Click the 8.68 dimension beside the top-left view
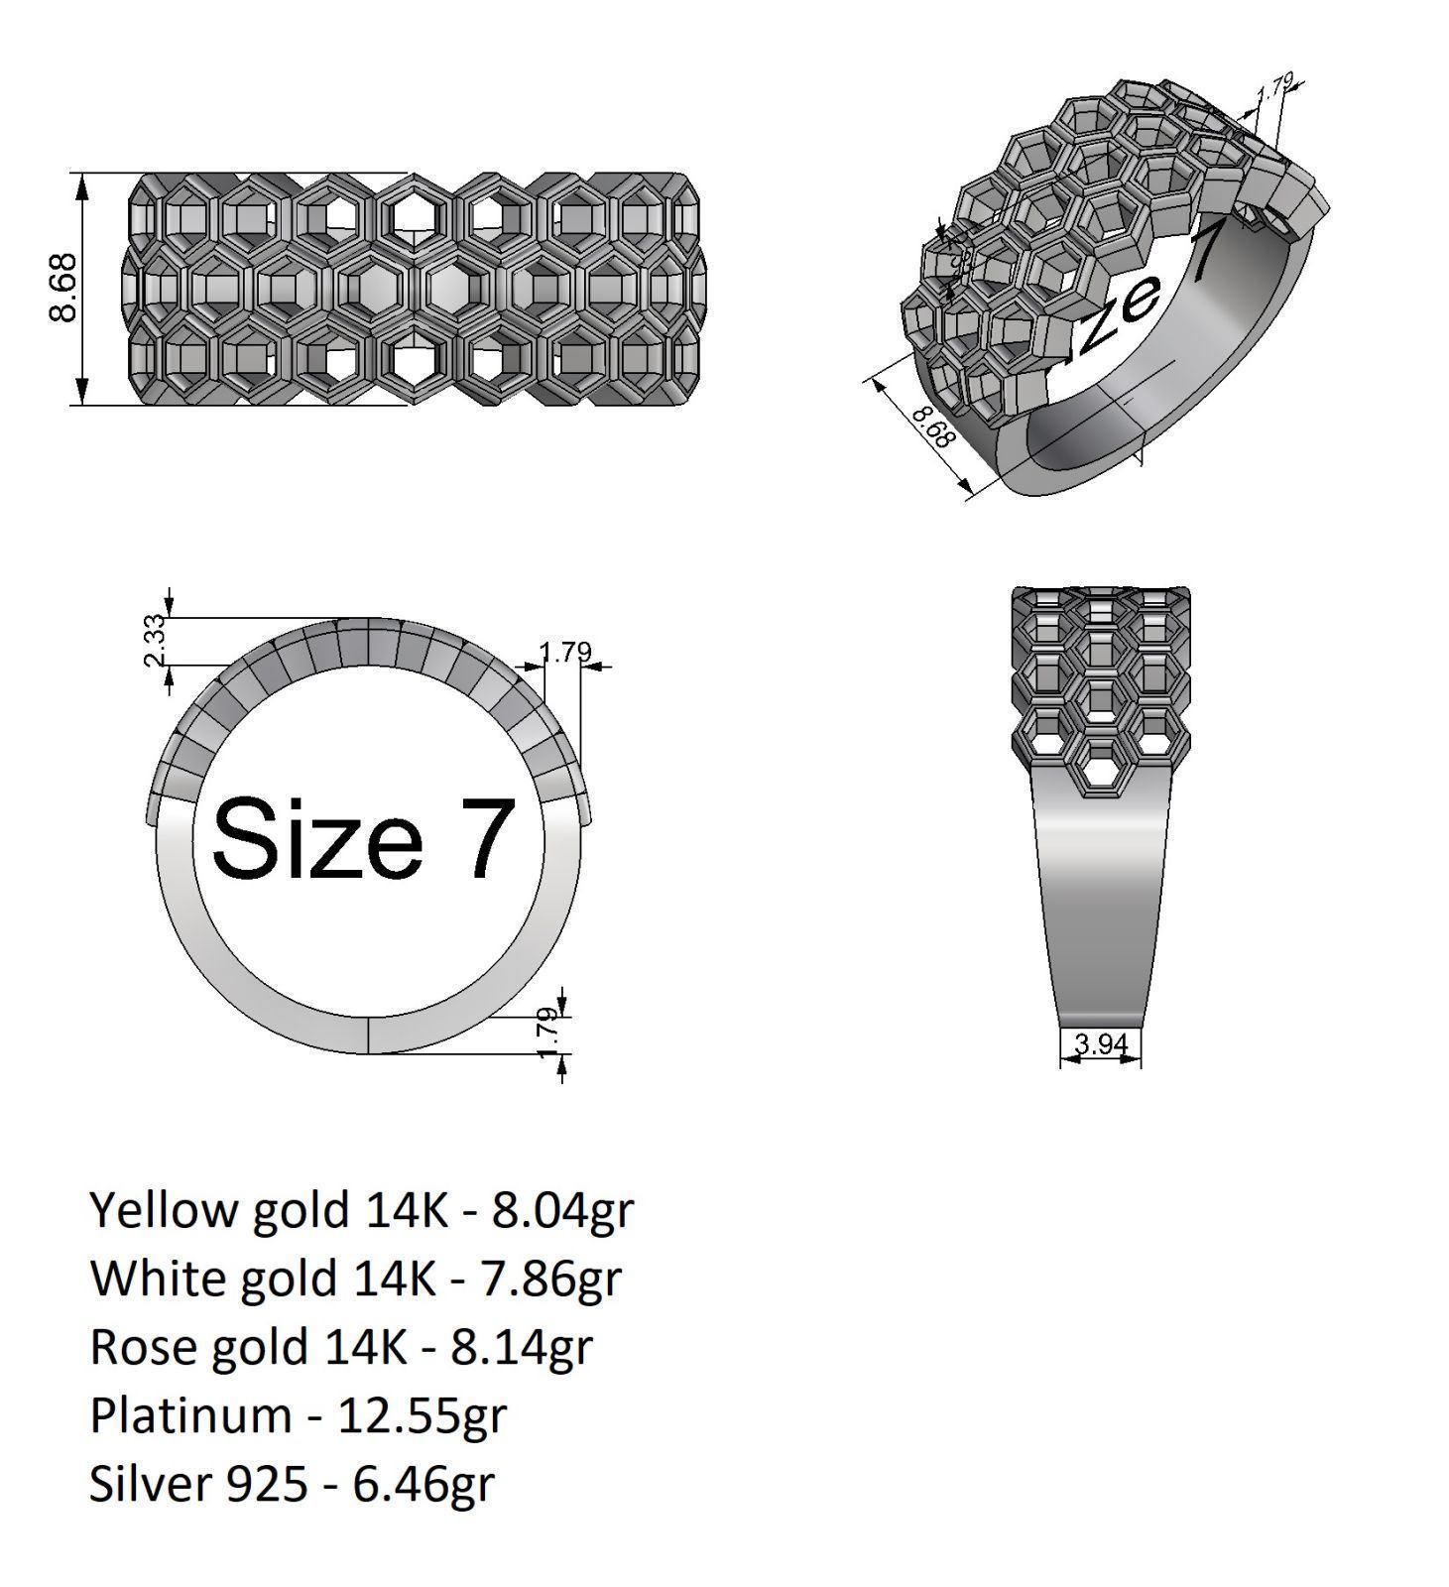[62, 288]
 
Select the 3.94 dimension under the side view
[1100, 1043]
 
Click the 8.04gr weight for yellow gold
[562, 1211]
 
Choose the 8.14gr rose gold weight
[522, 1347]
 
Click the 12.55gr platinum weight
[423, 1414]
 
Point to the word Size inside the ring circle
[316, 839]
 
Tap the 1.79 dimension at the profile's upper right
[565, 653]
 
